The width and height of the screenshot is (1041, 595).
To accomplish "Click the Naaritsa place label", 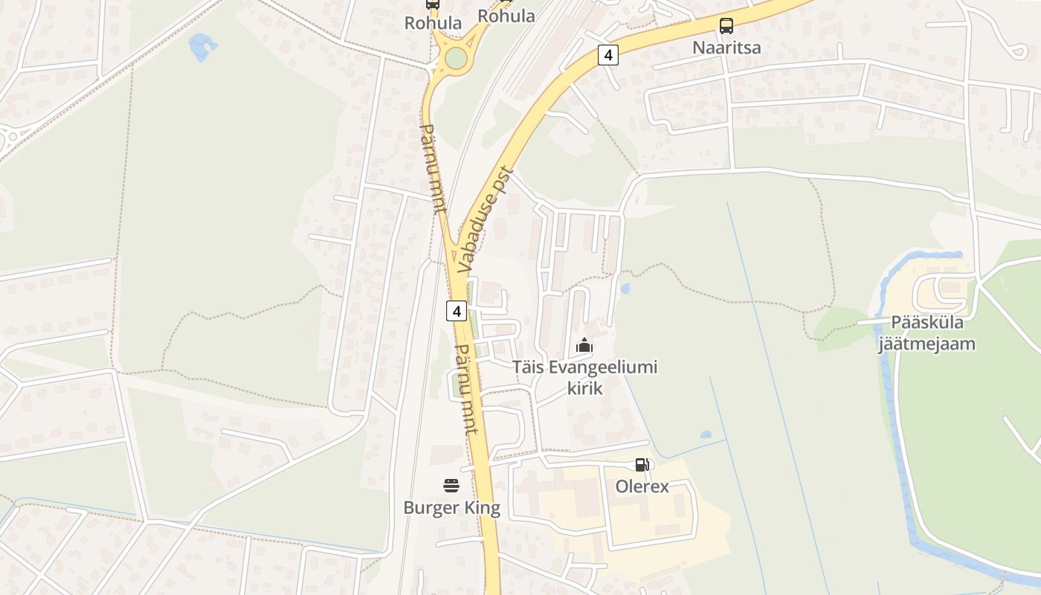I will point(726,48).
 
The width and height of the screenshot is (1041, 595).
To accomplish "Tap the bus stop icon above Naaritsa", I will point(726,26).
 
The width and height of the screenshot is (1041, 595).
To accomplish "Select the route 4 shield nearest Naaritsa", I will point(608,54).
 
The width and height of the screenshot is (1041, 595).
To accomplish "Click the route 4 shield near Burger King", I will point(457,311).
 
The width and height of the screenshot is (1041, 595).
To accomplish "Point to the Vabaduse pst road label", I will point(486,219).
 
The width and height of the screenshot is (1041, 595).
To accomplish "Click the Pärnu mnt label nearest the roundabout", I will point(433,169).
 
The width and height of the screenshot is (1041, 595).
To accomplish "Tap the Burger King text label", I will point(451,508).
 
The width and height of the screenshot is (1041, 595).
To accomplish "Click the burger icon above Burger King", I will point(451,486).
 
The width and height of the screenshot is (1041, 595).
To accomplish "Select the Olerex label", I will point(642,487).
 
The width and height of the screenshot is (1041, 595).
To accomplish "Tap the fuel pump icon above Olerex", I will point(642,466).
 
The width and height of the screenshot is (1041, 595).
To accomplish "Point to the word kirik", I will point(584,387).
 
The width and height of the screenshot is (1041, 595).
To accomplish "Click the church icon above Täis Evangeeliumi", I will point(584,346).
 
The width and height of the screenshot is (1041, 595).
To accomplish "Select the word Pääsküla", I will point(926,323).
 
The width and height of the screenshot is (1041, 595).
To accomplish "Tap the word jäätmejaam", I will point(926,344).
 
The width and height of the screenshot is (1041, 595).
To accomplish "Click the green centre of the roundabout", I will point(456,58).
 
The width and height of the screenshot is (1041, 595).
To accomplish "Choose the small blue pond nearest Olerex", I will point(705,434).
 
